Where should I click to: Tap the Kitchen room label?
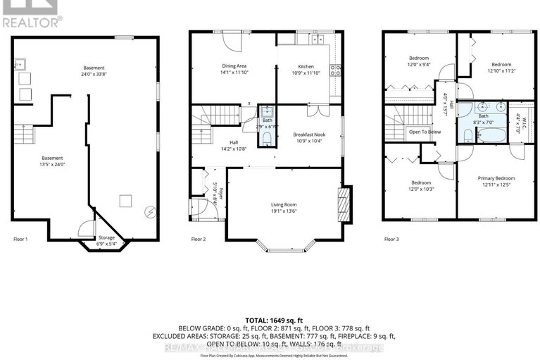306,66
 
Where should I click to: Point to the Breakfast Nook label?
308,134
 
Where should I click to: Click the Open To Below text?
425,132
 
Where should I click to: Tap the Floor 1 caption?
21,240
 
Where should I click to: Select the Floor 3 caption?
391,240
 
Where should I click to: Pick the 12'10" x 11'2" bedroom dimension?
501,70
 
